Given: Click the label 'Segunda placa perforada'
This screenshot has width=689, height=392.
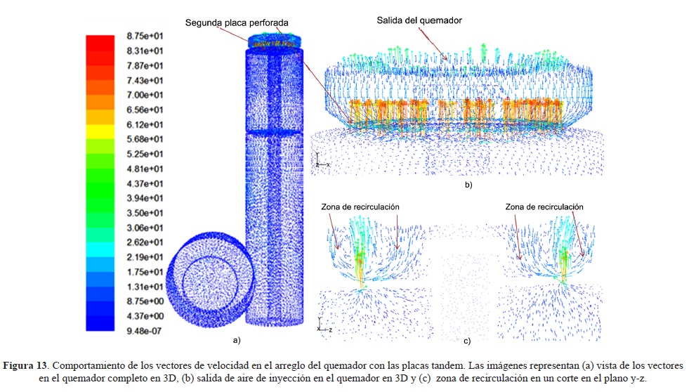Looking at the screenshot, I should click(237, 22).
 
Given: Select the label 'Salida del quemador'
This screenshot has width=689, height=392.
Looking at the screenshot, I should click(419, 20).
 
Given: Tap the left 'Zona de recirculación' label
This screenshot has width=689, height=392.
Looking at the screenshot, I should click(360, 207).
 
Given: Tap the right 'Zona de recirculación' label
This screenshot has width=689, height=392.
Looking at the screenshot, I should click(544, 207).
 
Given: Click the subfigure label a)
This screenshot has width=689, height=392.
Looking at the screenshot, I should click(237, 340).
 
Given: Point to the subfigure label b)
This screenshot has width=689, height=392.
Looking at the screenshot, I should click(468, 185).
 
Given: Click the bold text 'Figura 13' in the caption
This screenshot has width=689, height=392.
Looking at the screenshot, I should click(27, 366).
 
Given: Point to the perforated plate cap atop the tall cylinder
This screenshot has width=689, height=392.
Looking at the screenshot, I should click(276, 41).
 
